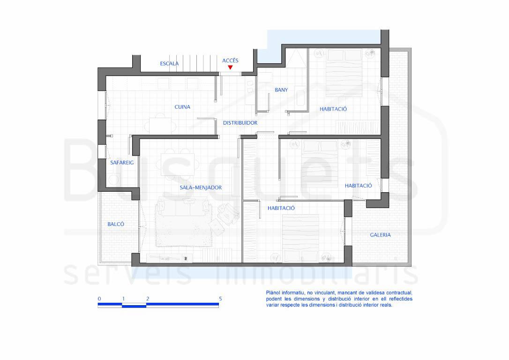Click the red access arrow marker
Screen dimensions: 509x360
tap(230, 67)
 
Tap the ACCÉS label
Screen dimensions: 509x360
tap(230, 60)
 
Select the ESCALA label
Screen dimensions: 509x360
tap(169, 63)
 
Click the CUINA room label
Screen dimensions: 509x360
tap(182, 107)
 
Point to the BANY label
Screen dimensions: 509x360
tap(281, 90)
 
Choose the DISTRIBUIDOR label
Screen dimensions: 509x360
tap(240, 123)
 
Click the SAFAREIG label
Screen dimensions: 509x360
tap(122, 163)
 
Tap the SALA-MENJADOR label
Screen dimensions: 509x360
tap(201, 187)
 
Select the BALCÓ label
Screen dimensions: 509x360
tap(116, 224)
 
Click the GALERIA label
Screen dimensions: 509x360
tap(380, 235)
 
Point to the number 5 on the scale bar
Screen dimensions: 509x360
tap(220, 299)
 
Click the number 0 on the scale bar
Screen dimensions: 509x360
tap(99, 299)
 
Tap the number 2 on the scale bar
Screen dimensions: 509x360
tap(148, 299)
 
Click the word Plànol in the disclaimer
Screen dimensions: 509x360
tap(273, 293)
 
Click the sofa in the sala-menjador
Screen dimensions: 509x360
tap(182, 207)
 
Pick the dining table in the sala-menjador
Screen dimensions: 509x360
tap(178, 164)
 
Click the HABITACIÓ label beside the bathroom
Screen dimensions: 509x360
tap(333, 109)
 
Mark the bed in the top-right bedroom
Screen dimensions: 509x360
tap(344, 73)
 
